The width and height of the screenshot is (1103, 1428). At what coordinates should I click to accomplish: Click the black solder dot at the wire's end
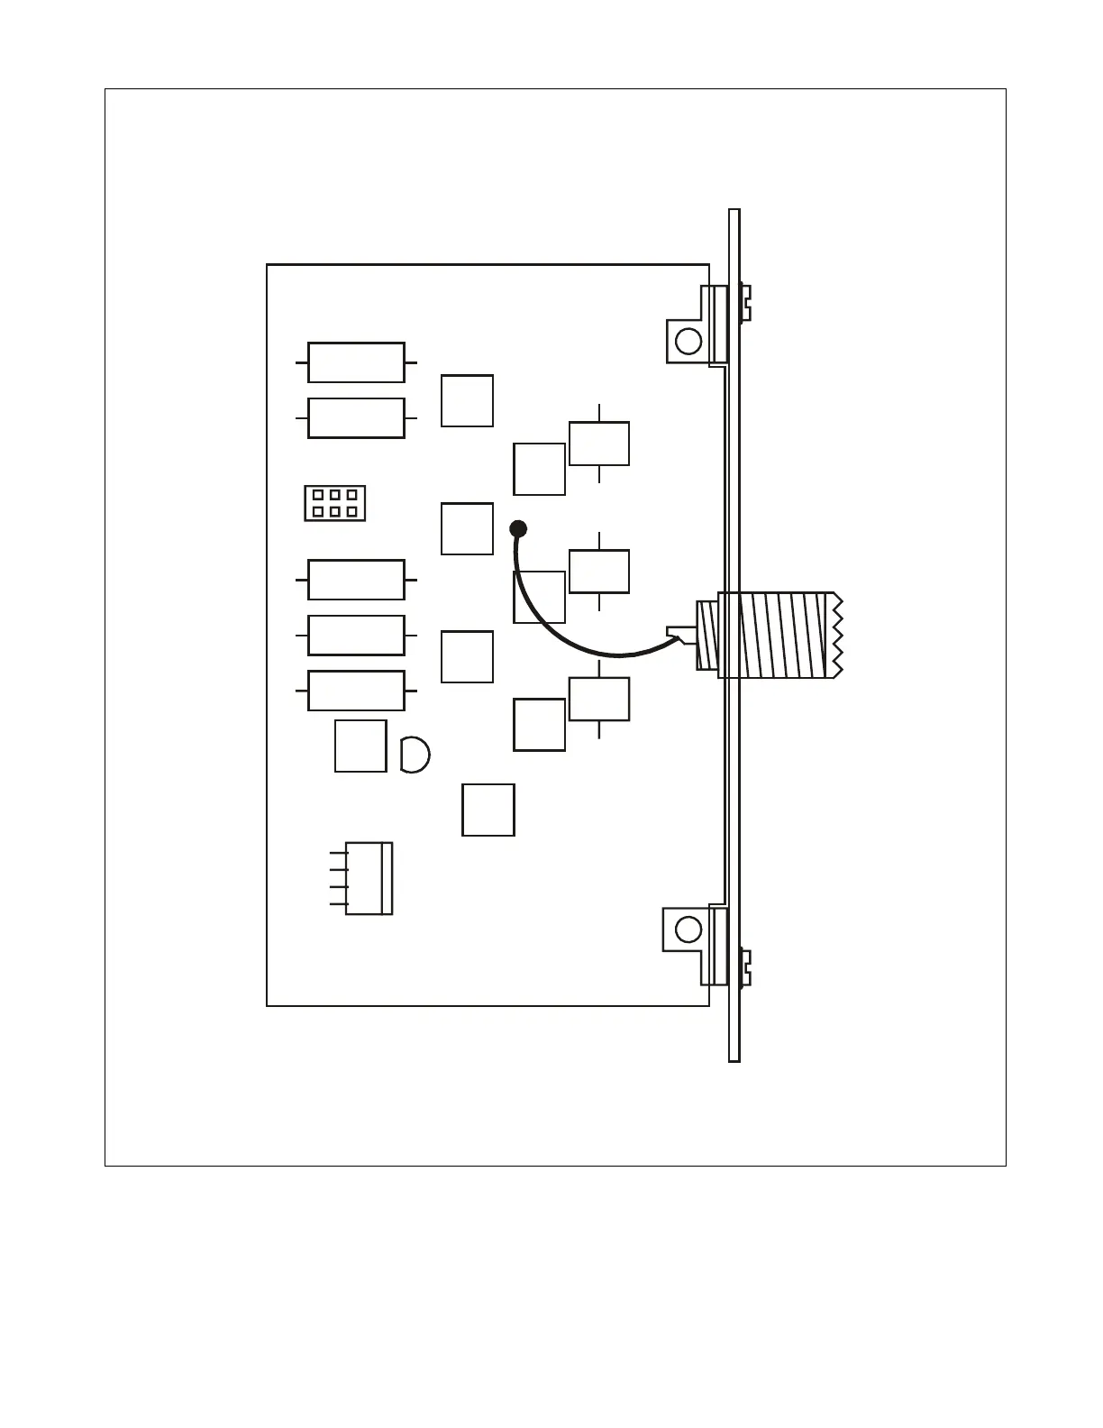click(x=518, y=528)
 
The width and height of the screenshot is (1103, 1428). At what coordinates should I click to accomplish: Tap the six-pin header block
click(x=334, y=503)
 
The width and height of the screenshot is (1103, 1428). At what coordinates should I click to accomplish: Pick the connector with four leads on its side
click(x=369, y=878)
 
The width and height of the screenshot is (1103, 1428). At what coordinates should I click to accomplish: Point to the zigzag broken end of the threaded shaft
click(x=837, y=635)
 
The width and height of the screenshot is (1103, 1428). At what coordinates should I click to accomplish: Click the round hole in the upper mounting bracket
click(x=688, y=342)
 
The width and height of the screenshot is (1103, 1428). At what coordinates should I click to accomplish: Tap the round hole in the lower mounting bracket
click(x=688, y=929)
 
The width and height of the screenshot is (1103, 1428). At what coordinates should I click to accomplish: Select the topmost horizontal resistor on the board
click(x=356, y=362)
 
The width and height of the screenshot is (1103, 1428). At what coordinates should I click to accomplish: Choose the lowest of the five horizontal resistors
click(x=356, y=691)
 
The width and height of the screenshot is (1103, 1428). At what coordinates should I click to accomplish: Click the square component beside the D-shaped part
click(x=360, y=746)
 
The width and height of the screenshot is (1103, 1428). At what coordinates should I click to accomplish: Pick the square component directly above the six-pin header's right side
click(x=467, y=400)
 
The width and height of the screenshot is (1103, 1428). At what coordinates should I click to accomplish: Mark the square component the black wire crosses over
click(x=539, y=597)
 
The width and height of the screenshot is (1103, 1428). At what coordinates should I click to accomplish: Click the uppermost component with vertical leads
click(x=599, y=444)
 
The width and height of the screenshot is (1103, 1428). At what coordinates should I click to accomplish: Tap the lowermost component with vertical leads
click(x=599, y=700)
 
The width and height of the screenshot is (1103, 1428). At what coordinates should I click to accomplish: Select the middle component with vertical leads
click(x=599, y=572)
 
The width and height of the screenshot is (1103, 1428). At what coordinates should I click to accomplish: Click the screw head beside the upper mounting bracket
click(x=746, y=301)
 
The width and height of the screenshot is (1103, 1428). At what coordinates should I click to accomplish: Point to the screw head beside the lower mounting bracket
click(x=746, y=966)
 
